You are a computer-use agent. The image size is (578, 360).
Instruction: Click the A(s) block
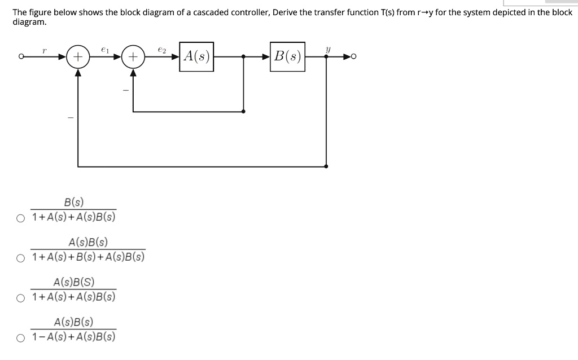[x=196, y=56]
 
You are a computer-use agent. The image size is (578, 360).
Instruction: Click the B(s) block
[x=287, y=56]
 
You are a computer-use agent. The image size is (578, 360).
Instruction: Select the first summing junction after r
[x=77, y=56]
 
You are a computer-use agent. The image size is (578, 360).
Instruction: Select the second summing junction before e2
[x=133, y=56]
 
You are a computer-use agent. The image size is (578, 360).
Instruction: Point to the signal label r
[x=44, y=50]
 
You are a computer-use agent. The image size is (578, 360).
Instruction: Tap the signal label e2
[x=162, y=50]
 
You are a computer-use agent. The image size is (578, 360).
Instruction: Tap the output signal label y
[x=327, y=50]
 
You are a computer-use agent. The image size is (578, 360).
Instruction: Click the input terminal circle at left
[x=21, y=56]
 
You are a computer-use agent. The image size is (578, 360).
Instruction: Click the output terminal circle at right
[x=353, y=56]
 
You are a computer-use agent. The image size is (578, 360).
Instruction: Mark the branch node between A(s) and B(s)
[x=243, y=56]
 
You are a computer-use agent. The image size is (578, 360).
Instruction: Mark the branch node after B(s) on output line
[x=327, y=56]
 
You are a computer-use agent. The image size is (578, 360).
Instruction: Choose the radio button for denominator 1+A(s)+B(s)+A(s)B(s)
[x=21, y=258]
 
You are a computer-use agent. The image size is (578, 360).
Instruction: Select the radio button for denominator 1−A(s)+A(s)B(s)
[x=21, y=339]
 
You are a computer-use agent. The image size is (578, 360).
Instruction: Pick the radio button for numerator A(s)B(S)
[x=21, y=298]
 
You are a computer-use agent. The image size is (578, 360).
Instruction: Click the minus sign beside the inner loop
[x=126, y=90]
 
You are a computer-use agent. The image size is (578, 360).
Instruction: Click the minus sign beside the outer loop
[x=71, y=117]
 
